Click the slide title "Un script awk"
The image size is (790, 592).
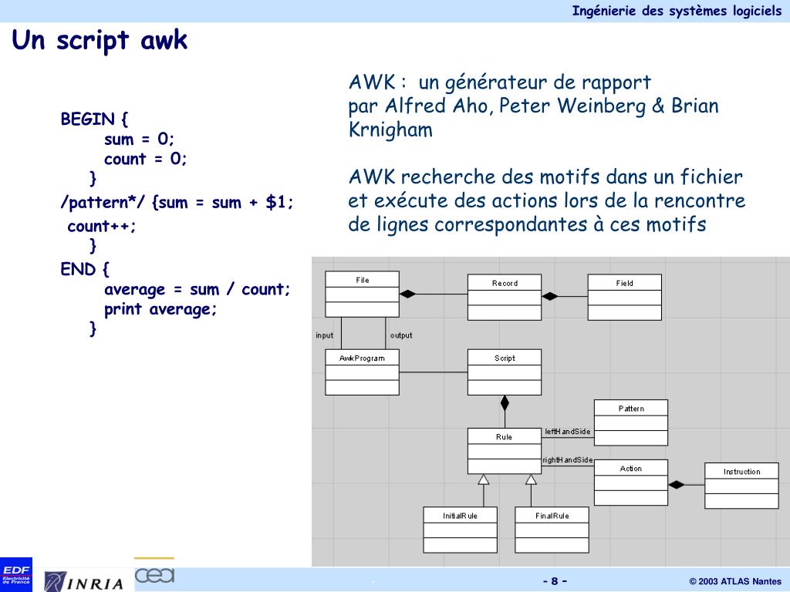100,40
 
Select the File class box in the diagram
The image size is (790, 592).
362,294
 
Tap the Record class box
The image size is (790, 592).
505,297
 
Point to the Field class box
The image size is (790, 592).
624,297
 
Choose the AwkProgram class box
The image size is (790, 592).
362,372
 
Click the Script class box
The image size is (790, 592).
505,372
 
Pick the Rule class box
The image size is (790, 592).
505,451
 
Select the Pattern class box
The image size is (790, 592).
630,422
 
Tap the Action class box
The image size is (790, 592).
630,483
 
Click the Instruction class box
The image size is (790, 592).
741,486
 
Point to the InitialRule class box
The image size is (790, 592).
460,530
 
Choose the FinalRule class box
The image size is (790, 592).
552,530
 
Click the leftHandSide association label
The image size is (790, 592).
568,432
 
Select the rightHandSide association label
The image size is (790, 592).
568,460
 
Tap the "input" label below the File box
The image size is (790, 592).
325,335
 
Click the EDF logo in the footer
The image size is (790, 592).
16,573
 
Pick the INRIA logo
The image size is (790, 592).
84,581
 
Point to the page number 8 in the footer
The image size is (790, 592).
554,581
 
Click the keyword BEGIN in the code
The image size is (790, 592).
88,119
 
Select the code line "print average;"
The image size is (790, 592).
161,309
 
